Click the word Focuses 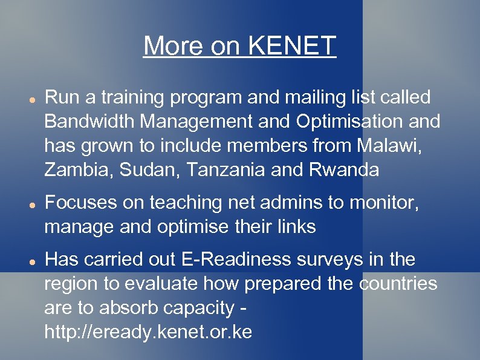point(80,203)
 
